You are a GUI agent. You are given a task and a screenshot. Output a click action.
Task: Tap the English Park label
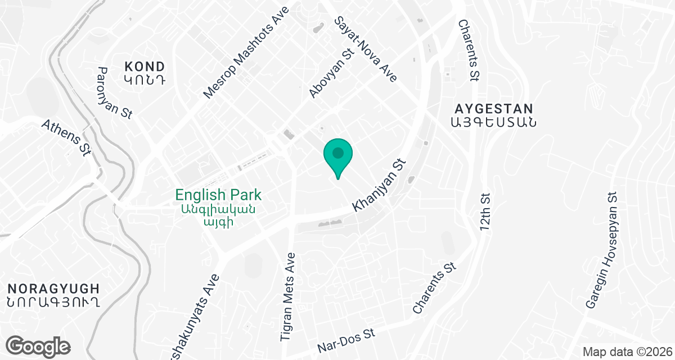coord(218,195)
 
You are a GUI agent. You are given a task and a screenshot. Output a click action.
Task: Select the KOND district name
coord(145,66)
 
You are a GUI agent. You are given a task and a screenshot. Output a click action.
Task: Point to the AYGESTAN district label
coord(494,109)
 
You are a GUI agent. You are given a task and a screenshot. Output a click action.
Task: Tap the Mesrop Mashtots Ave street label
coord(246,53)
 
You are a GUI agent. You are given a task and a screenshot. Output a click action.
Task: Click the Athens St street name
coord(66,137)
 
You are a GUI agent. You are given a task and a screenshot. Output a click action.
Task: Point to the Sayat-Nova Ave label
coord(366,49)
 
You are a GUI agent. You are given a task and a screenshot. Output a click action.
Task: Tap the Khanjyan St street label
coord(379,184)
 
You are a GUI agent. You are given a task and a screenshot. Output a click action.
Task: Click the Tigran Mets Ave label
coord(288,296)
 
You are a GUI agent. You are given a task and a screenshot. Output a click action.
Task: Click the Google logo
coord(38,346)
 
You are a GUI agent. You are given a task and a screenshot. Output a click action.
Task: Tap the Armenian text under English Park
coord(218,215)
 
